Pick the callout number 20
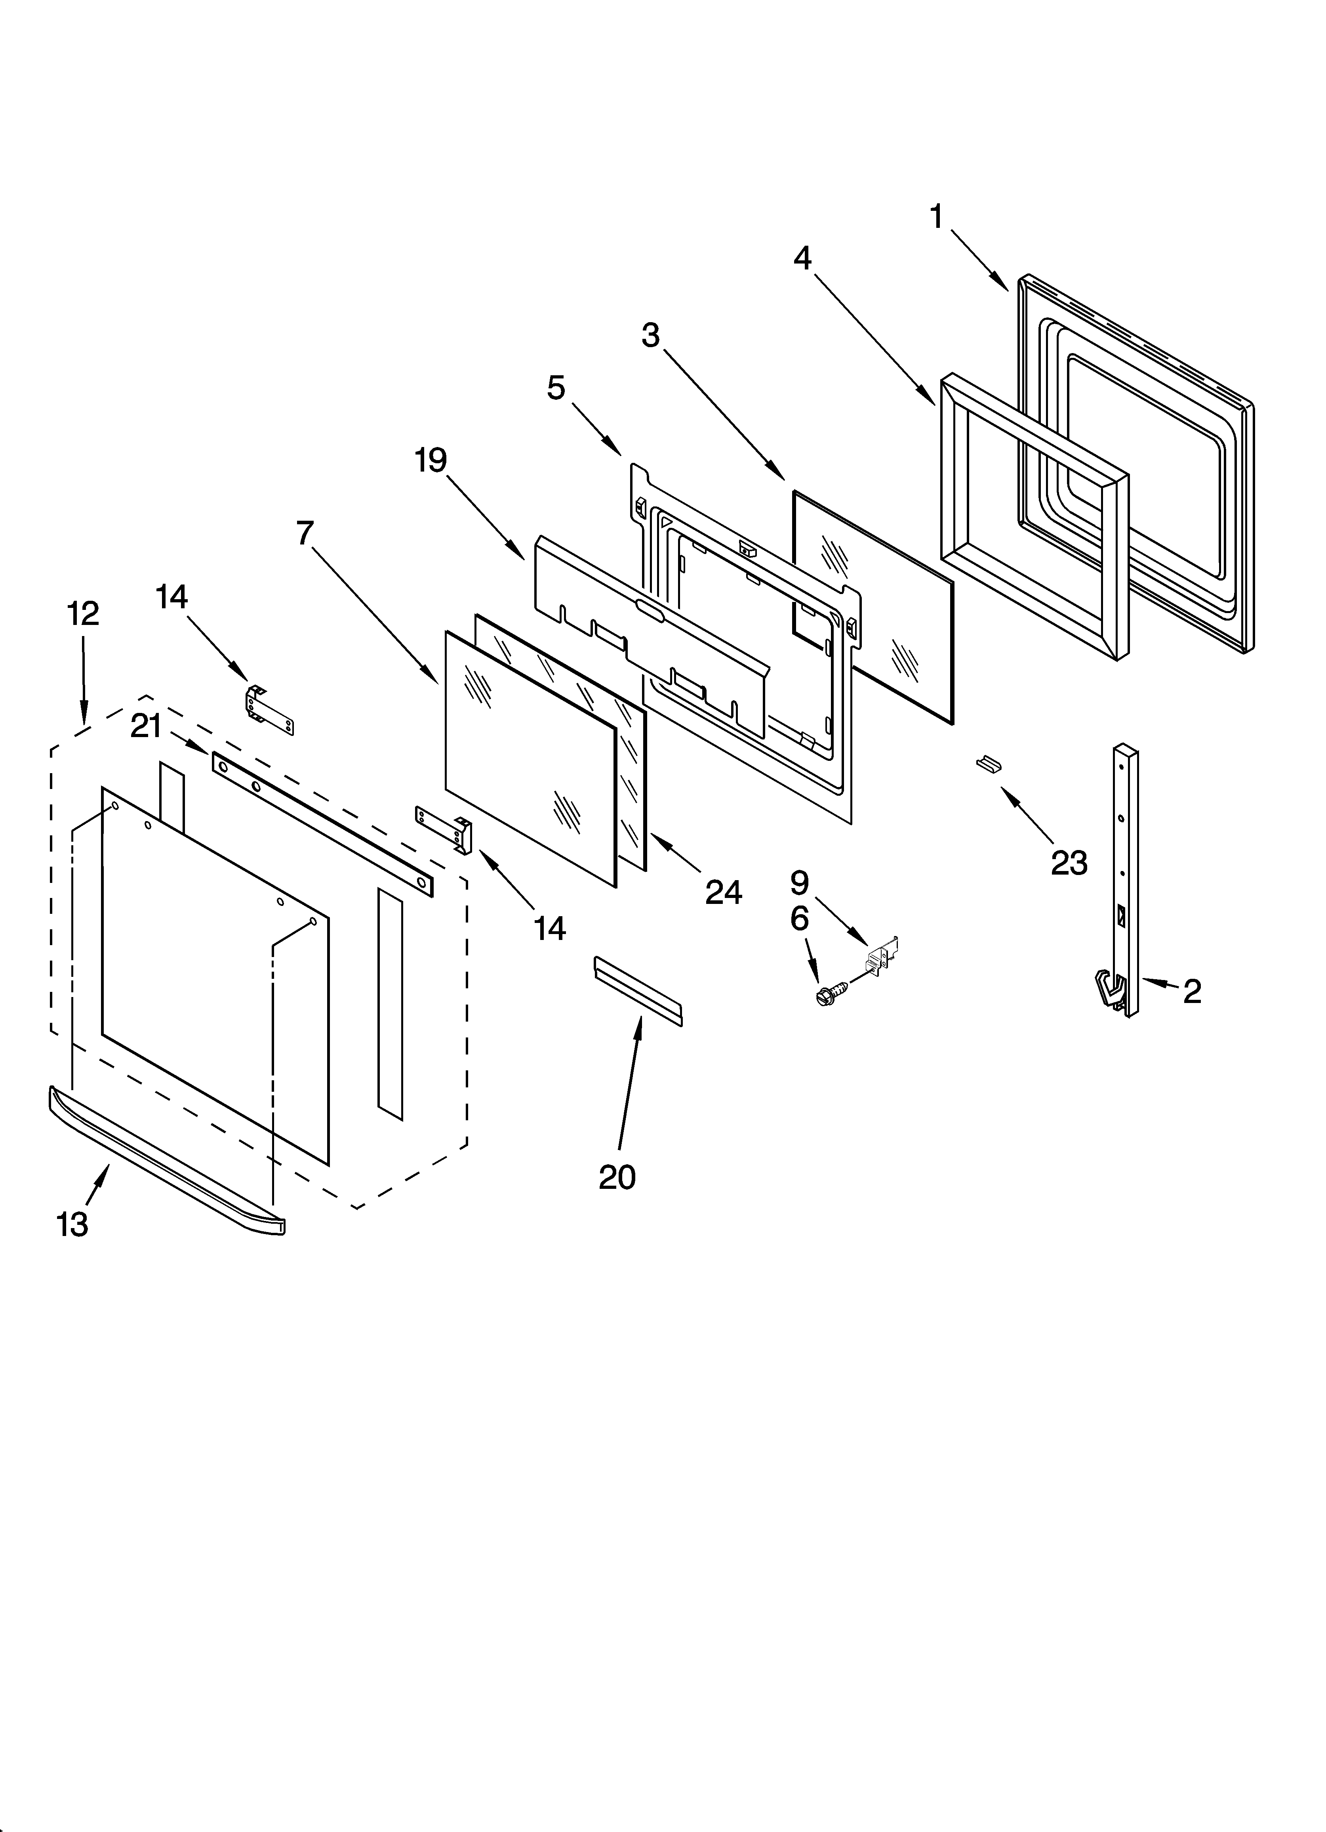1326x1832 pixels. click(x=617, y=1177)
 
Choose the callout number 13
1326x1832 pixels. click(x=72, y=1225)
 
